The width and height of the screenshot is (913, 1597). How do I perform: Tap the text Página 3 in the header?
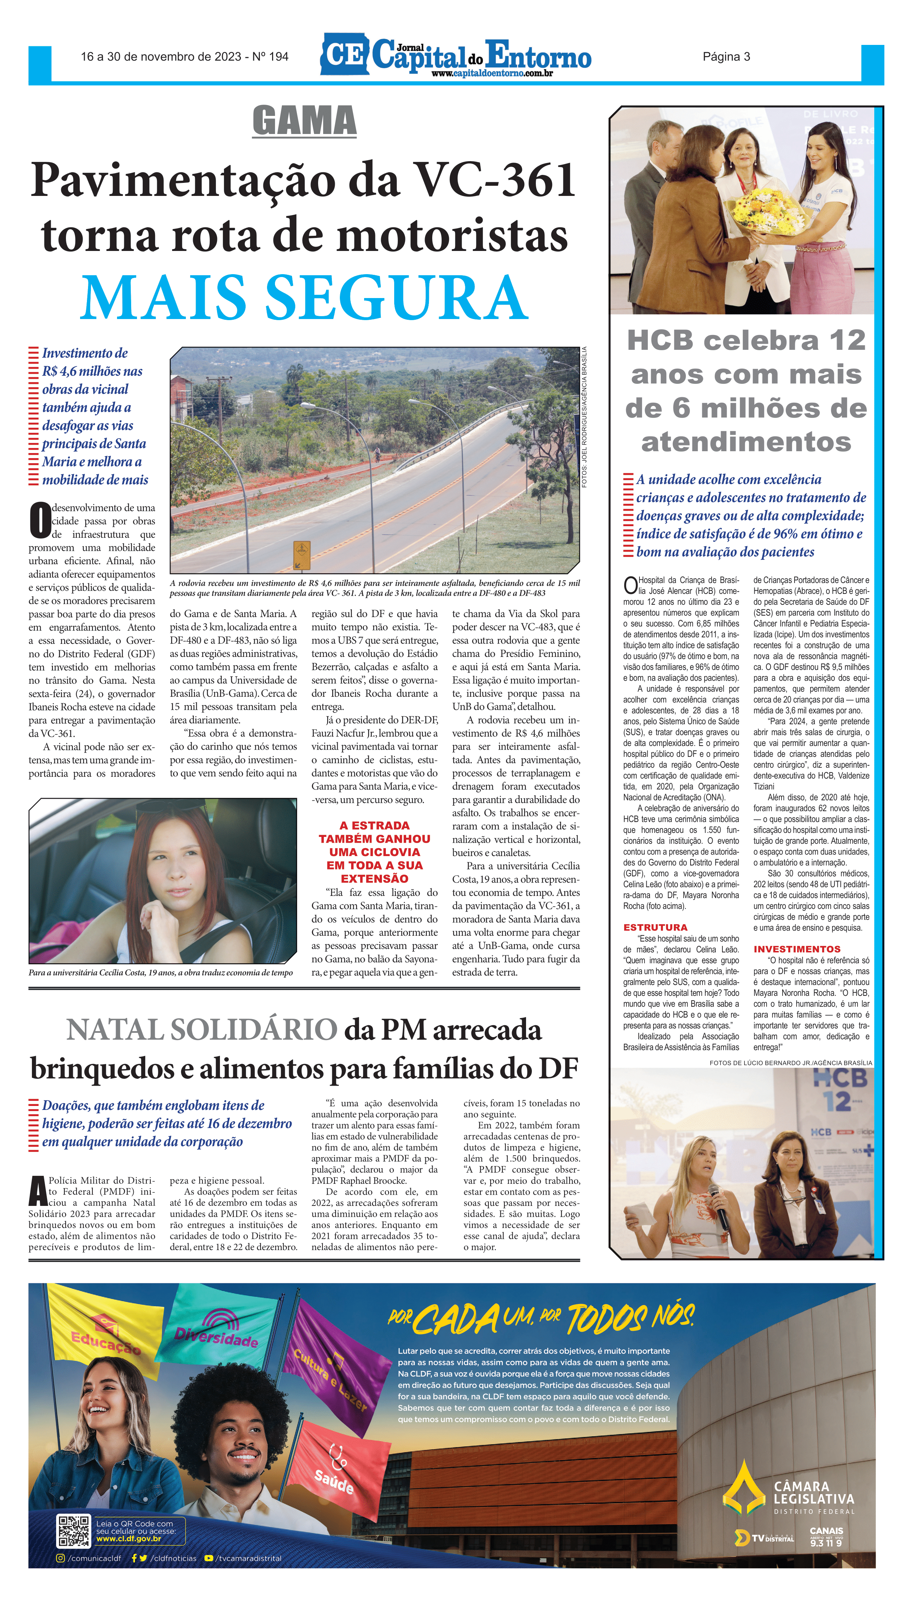pos(726,56)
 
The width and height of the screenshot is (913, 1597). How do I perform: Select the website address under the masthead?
pos(492,74)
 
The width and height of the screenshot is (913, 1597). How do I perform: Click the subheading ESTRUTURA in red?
pos(655,927)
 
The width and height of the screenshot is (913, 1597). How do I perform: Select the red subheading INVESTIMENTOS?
pos(796,949)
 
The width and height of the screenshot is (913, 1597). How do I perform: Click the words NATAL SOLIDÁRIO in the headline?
pos(202,1030)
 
